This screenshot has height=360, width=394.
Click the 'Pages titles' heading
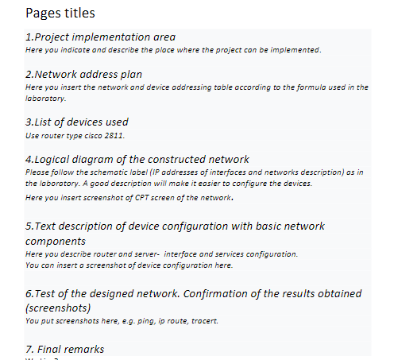pos(60,14)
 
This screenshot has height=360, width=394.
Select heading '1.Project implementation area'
pos(100,37)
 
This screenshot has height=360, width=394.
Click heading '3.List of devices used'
pos(77,122)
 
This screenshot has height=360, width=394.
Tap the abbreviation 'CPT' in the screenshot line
pos(139,198)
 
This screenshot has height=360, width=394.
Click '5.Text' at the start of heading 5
pos(41,226)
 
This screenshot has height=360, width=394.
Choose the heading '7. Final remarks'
pos(64,349)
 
